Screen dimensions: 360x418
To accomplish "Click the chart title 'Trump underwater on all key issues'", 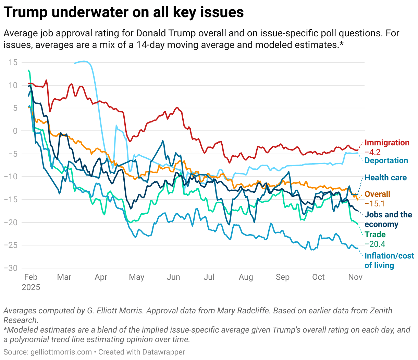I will click(124, 13).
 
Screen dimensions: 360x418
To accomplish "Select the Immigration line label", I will click(387, 143).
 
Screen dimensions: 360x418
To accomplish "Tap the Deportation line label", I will click(386, 160).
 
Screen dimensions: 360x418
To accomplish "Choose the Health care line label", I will click(385, 178).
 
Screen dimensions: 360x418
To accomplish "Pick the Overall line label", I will click(377, 194).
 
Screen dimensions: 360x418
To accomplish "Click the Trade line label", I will click(375, 235).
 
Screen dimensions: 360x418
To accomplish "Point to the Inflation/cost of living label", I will click(389, 261).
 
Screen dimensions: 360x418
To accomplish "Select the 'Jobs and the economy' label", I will click(388, 219).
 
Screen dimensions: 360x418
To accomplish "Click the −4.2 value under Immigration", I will click(372, 152).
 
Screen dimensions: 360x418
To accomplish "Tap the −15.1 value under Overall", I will click(374, 204).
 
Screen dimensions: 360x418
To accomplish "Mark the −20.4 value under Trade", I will click(375, 244).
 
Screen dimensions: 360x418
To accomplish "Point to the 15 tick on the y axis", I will click(13, 62).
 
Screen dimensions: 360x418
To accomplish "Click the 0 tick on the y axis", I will click(15, 131).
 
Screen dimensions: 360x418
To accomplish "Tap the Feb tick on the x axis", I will click(31, 277).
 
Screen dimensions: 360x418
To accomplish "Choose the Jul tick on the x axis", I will click(209, 277).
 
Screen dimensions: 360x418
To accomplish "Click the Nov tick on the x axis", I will click(355, 277).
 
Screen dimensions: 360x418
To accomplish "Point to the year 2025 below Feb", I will click(31, 287).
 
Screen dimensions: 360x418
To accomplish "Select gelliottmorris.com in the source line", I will click(61, 352).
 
